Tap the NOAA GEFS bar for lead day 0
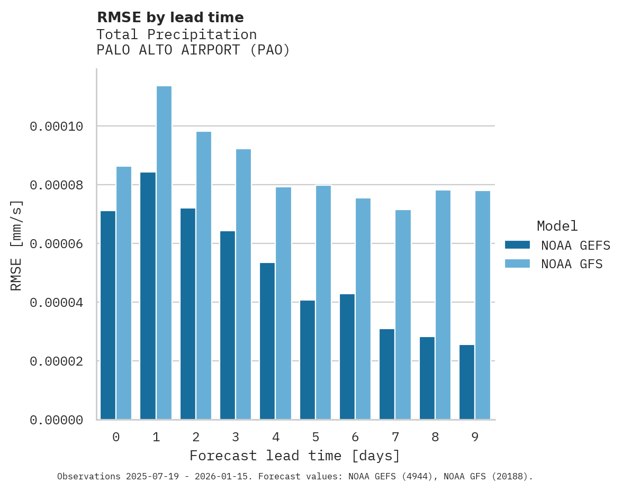coord(108,315)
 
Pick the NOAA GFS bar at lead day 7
coord(403,315)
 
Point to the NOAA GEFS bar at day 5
coord(308,360)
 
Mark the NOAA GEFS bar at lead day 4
coord(267,341)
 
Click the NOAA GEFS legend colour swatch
coord(517,244)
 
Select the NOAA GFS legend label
coord(572,263)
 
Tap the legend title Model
coord(557,226)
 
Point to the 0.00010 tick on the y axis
coord(57,126)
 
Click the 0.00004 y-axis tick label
coord(57,303)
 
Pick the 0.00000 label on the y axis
coord(57,420)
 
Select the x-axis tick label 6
coord(355,437)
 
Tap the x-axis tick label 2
coord(196,437)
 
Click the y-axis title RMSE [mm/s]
coord(16,245)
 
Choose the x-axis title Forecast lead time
coord(295,456)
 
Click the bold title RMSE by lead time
coord(170,17)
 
